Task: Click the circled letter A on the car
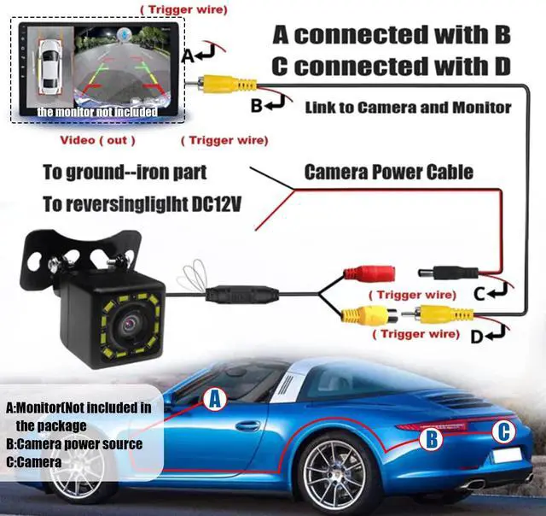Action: (216, 398)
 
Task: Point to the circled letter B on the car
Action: (433, 439)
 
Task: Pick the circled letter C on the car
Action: (504, 432)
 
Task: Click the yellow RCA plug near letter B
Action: (225, 84)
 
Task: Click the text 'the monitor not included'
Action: (96, 112)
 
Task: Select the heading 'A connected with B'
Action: (391, 35)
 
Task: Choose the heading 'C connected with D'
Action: (391, 66)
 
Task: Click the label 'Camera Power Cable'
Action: (388, 173)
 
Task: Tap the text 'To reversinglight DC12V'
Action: (136, 205)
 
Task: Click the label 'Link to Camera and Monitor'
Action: (408, 107)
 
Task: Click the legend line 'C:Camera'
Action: (34, 462)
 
